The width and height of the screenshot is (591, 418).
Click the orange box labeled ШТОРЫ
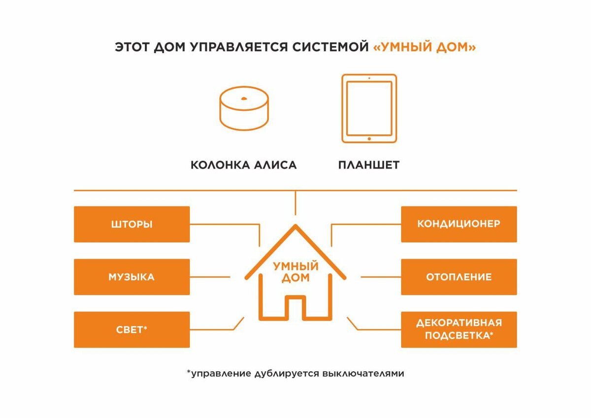tap(131, 224)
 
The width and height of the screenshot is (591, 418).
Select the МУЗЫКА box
tap(131, 277)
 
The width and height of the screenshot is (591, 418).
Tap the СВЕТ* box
tap(131, 329)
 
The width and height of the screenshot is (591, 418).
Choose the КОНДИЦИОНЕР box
tap(459, 224)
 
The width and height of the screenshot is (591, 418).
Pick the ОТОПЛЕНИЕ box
tap(459, 277)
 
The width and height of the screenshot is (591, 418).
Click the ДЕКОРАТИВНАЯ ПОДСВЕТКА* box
tap(459, 329)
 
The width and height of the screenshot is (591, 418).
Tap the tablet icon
tap(369, 109)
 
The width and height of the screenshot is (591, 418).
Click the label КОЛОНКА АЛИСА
tap(243, 165)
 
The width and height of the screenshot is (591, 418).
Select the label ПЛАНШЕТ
tap(368, 165)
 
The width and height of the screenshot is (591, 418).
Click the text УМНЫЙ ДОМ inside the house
tap(295, 272)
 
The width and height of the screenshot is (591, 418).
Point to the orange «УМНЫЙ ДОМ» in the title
tap(424, 47)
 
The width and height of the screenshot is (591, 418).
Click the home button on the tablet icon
tap(369, 139)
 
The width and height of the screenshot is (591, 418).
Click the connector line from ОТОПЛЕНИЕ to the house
tap(381, 277)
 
